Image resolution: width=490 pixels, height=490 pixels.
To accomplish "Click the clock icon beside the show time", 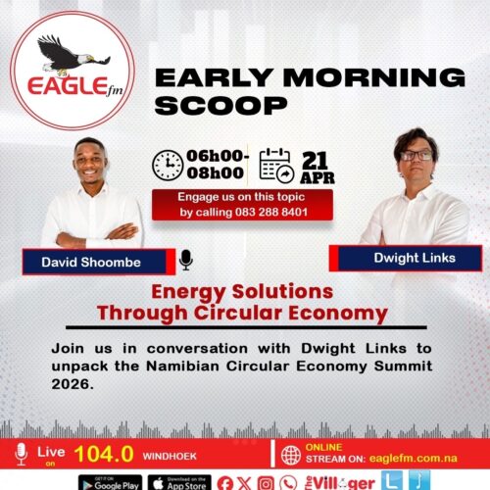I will (168, 165).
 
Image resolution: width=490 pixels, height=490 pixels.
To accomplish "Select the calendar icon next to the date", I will (277, 165).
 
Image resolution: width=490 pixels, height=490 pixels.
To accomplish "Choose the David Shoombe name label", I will (90, 262).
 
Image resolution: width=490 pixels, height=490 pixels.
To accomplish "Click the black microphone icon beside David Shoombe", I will (186, 260).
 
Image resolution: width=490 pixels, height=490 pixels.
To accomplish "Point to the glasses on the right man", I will (415, 154).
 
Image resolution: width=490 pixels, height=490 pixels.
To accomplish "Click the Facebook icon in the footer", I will (225, 482).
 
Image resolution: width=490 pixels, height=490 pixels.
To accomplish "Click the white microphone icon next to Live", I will (21, 453).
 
